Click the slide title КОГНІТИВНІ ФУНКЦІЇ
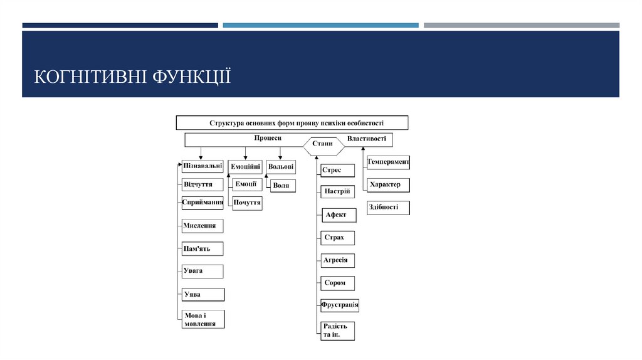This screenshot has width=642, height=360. [132, 77]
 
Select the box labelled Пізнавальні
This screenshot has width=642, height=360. [203, 167]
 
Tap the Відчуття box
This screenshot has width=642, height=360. [203, 185]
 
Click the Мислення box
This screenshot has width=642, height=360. [203, 226]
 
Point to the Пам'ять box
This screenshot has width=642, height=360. [203, 249]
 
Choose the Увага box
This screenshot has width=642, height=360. [203, 271]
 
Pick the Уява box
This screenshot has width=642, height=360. [203, 294]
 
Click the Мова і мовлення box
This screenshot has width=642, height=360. [203, 319]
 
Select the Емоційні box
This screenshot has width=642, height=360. [245, 167]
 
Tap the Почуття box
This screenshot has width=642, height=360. [246, 203]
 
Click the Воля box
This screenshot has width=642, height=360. [282, 186]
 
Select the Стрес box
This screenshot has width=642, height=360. [337, 170]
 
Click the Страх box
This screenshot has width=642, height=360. [337, 238]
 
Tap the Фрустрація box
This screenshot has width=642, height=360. [340, 305]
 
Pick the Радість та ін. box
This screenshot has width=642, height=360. [337, 331]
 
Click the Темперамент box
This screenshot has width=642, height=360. [388, 162]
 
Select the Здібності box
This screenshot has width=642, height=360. [388, 208]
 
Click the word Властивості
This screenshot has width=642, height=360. [366, 138]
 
